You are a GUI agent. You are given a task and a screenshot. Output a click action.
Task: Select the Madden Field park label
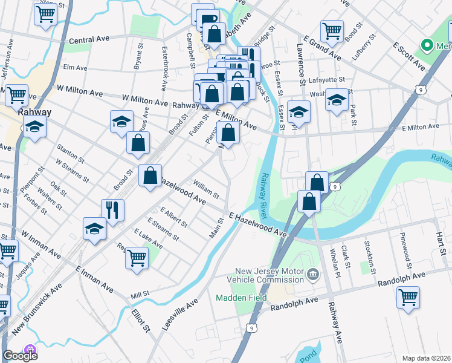pyautogui.click(x=237, y=298)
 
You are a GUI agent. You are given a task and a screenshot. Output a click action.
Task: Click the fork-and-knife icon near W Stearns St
pyautogui.click(x=112, y=210)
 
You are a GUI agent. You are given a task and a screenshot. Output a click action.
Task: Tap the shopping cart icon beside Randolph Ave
pyautogui.click(x=408, y=297)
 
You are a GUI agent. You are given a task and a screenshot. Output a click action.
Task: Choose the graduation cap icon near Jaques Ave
pyautogui.click(x=121, y=121)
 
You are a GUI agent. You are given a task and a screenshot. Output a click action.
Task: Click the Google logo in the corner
pyautogui.click(x=20, y=356)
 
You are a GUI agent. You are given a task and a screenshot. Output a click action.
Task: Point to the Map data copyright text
pyautogui.click(x=426, y=358)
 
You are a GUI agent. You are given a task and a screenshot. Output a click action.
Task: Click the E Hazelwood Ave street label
pyautogui.click(x=257, y=224)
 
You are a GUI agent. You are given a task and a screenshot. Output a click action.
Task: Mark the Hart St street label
pyautogui.click(x=440, y=232)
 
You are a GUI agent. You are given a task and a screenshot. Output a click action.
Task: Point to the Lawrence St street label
pyautogui.click(x=300, y=64)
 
